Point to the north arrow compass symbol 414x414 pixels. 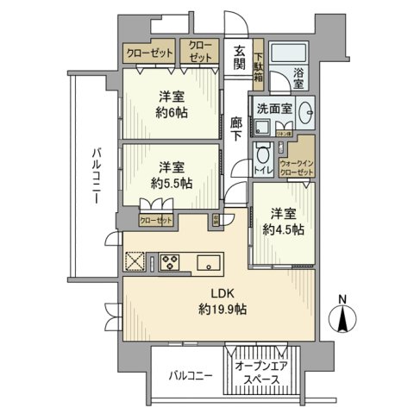click(x=343, y=319)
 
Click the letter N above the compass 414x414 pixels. click(x=343, y=299)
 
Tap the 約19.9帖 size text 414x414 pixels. click(x=223, y=310)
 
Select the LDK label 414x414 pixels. click(x=223, y=292)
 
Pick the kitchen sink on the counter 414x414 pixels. click(x=209, y=261)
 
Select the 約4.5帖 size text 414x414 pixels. click(x=282, y=229)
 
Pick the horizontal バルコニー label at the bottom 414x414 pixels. click(x=189, y=376)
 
